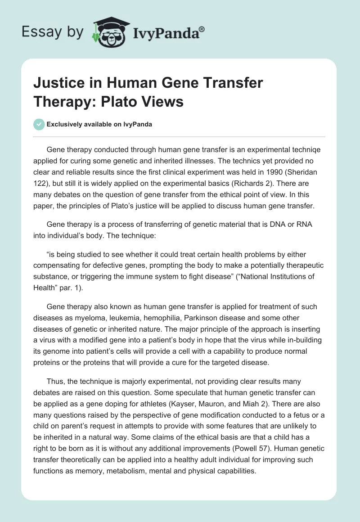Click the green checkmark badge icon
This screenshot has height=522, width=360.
coord(39,124)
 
